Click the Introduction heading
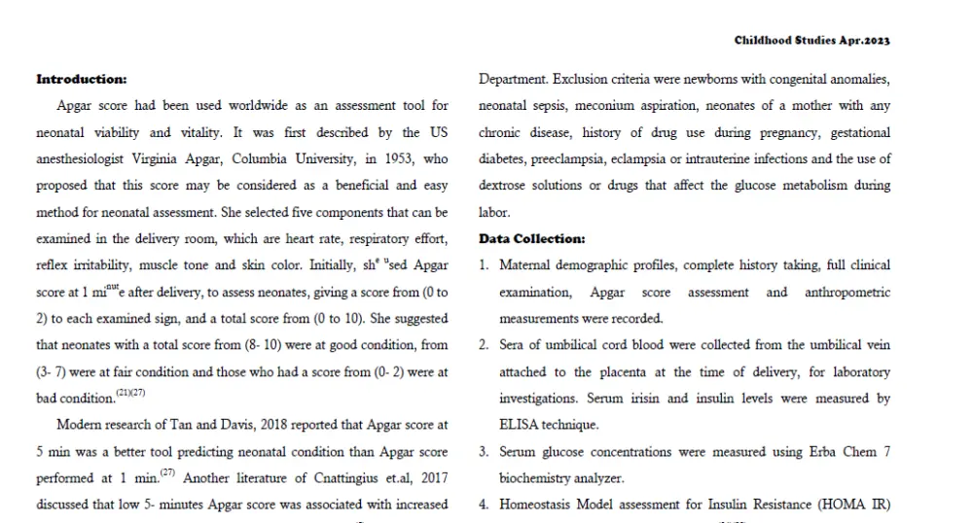tap(81, 79)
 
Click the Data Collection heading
tap(532, 238)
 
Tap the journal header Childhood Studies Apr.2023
tap(812, 41)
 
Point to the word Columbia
tap(286, 158)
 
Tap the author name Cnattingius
tap(333, 477)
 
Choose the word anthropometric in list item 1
tap(847, 292)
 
